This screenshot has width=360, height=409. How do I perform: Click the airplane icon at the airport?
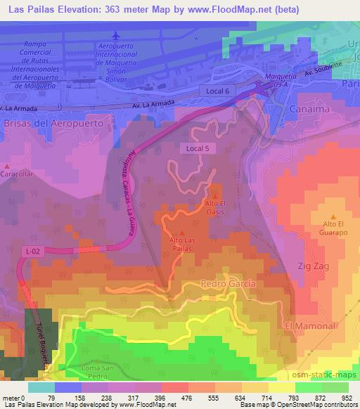(116, 35)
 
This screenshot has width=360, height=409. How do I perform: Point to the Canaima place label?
(310, 108)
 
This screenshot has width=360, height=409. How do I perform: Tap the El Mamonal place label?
(307, 327)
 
